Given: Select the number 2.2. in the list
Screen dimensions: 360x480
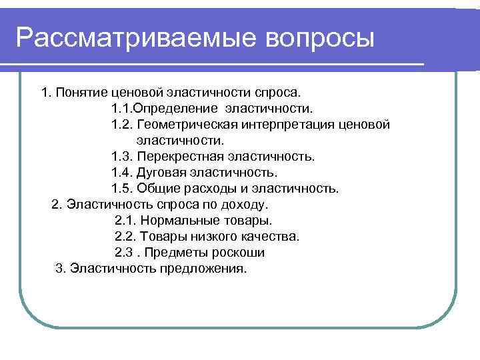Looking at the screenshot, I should click(x=125, y=237).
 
